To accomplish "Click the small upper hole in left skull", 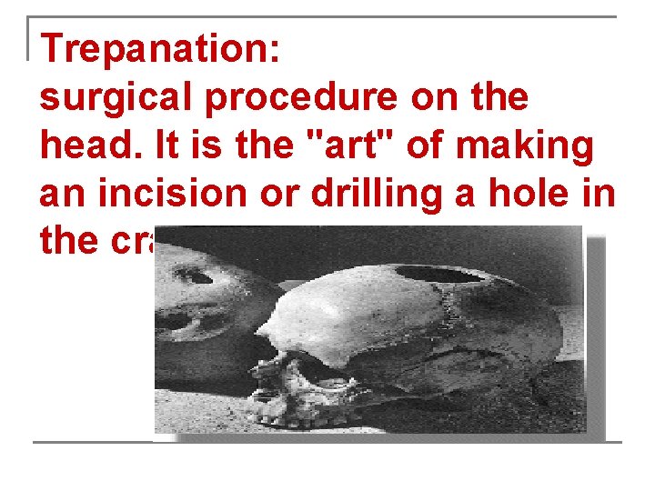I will (194, 276).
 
